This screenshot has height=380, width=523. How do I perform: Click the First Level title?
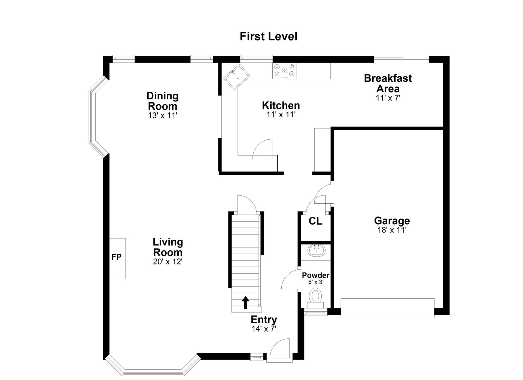tap(268, 36)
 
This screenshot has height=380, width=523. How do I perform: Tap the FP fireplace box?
tap(117, 258)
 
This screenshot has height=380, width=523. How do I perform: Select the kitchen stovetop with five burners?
tap(284, 71)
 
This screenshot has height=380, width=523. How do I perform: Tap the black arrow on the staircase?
tap(246, 303)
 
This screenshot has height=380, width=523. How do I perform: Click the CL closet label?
tap(315, 221)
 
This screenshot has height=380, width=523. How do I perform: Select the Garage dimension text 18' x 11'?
tap(392, 230)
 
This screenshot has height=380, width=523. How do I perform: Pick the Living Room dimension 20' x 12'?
tap(168, 262)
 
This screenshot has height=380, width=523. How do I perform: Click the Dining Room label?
tap(163, 101)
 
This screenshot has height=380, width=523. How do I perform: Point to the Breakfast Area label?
tap(388, 83)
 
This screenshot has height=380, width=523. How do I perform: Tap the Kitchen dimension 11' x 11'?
tap(281, 115)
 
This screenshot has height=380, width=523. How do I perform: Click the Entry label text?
tap(264, 320)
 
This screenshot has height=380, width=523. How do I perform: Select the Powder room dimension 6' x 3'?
tap(316, 282)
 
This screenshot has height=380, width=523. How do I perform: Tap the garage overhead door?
tap(387, 308)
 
